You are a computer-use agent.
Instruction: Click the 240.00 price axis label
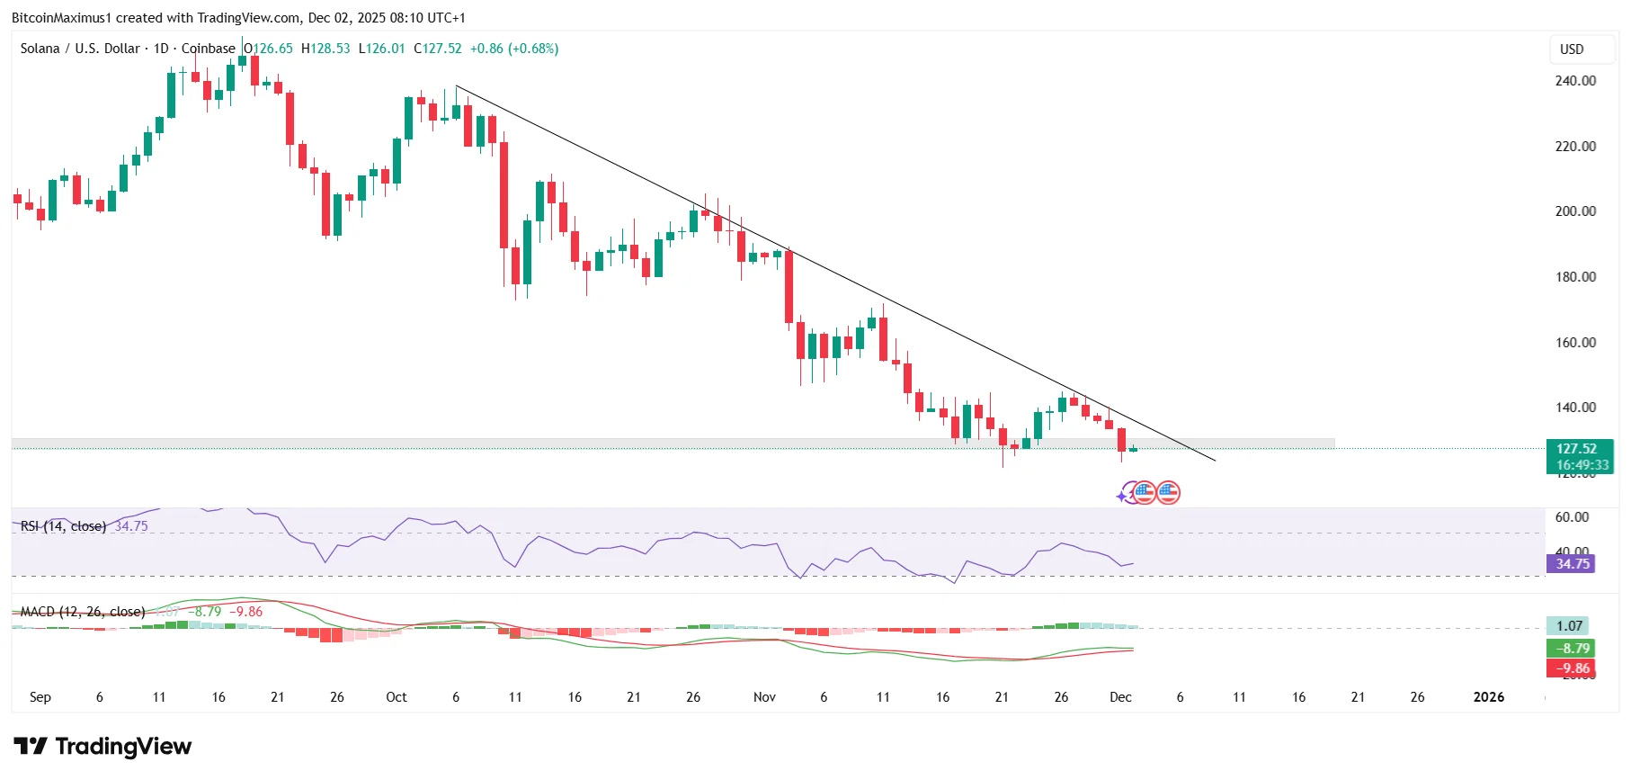coord(1575,81)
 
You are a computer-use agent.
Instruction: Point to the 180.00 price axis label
coord(1575,277)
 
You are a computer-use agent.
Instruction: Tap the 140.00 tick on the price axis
coord(1575,408)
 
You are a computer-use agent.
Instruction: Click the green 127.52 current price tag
coord(1576,449)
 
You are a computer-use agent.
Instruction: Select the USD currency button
coord(1572,49)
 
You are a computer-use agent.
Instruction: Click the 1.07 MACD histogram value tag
coord(1569,626)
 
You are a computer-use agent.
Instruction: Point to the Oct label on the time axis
coord(396,697)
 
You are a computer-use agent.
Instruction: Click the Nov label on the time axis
coord(764,697)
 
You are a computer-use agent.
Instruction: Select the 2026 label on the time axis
coord(1488,697)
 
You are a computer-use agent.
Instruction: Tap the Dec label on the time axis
coord(1120,697)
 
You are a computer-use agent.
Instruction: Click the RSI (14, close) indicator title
coord(63,526)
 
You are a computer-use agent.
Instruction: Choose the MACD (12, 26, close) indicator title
coord(83,612)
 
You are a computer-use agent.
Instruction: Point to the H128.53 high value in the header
coord(325,49)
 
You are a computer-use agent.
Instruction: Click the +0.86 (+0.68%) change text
coord(514,49)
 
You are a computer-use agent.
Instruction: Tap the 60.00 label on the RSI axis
coord(1572,517)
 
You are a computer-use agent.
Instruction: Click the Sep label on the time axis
coord(40,697)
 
